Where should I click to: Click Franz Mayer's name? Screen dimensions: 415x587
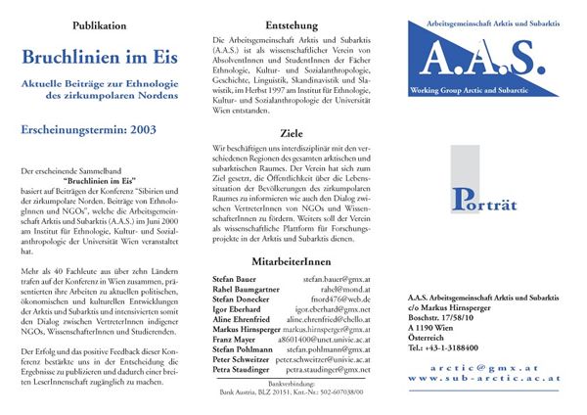[x=234, y=340]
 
